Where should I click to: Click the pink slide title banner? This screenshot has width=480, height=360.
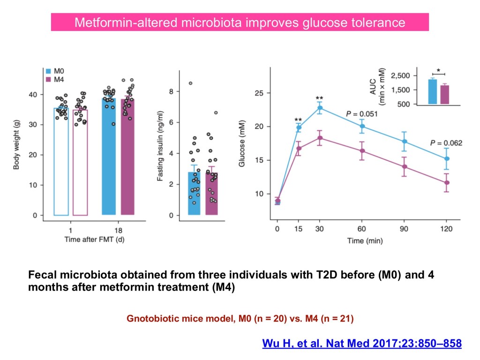[240, 22]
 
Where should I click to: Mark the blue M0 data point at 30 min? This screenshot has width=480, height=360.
[320, 108]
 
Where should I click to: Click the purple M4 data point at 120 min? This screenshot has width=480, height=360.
[447, 183]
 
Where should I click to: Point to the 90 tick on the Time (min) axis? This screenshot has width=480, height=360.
[405, 230]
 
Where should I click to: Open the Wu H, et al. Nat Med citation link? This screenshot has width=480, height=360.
[361, 344]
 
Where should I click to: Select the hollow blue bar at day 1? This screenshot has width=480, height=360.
[61, 161]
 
